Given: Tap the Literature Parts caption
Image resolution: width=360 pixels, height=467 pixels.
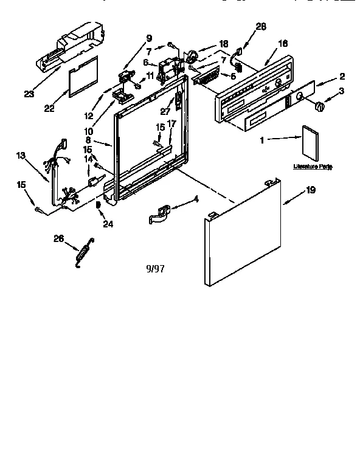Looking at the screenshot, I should tap(313, 166).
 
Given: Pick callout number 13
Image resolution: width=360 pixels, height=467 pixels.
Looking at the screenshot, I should tap(20, 156).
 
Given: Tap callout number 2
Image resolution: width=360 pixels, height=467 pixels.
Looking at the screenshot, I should tap(342, 76).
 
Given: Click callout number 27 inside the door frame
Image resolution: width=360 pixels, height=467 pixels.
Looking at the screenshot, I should tap(165, 110).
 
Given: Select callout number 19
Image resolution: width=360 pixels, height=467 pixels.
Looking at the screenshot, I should tap(310, 191).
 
